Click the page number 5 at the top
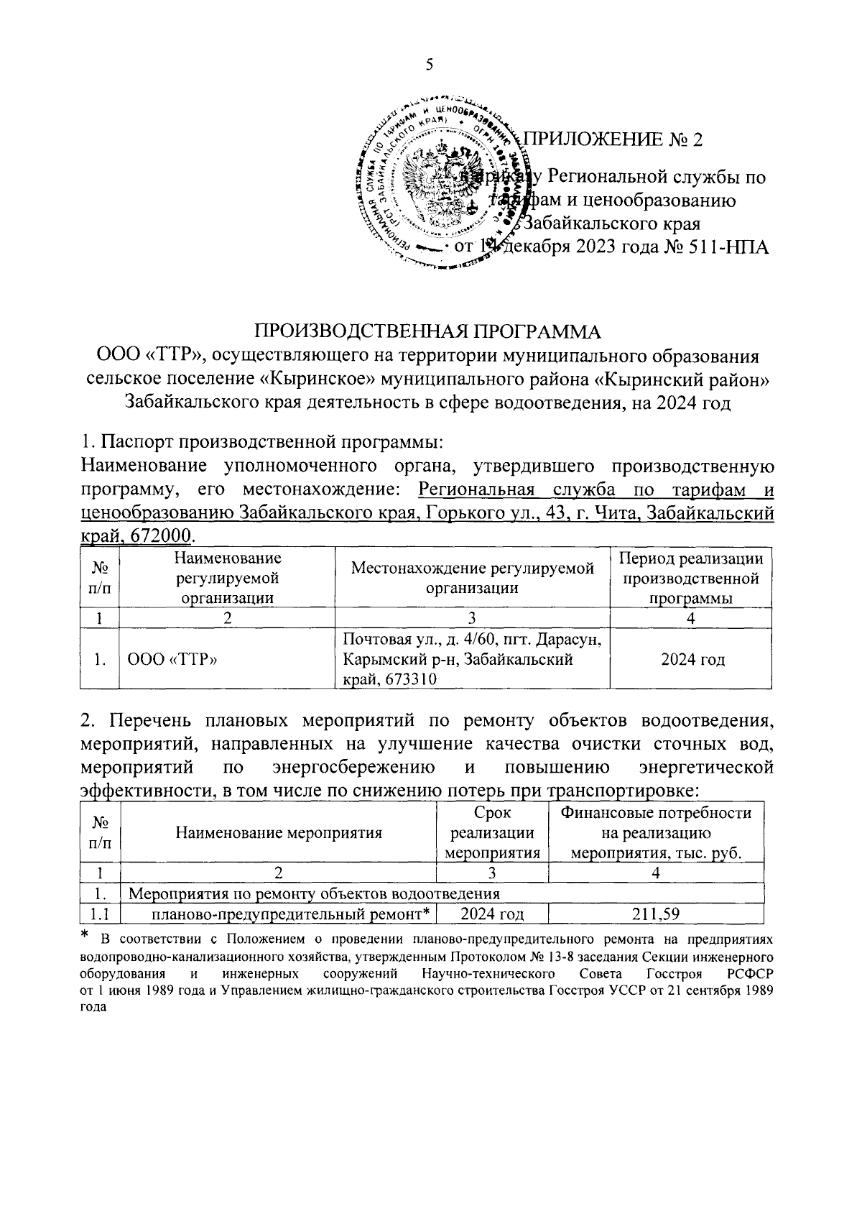[430, 65]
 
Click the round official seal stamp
[440, 184]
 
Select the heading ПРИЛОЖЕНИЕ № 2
[613, 139]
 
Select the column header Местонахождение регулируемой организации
[472, 578]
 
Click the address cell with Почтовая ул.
[472, 659]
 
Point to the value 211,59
[655, 914]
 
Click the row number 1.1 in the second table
[100, 914]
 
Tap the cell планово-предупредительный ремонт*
[290, 914]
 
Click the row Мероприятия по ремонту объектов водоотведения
[313, 894]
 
